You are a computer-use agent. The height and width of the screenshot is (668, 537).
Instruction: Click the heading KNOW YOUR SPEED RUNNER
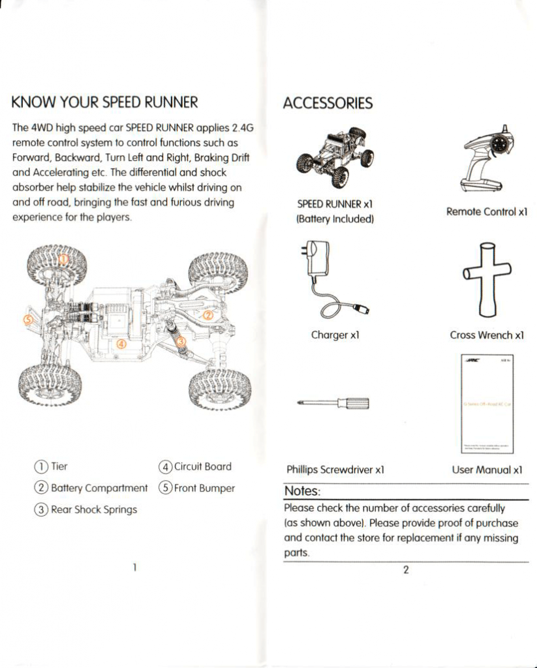(x=104, y=102)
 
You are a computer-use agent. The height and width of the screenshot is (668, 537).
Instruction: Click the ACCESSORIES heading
(x=328, y=103)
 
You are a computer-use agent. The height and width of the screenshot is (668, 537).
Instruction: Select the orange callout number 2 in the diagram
(x=208, y=314)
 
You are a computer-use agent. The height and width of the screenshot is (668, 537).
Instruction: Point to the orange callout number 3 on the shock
(x=181, y=342)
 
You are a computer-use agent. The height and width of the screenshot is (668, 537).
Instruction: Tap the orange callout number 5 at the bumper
(x=27, y=320)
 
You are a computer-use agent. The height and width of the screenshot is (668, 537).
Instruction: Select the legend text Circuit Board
(x=203, y=466)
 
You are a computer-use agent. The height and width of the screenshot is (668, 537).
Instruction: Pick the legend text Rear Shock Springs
(x=94, y=509)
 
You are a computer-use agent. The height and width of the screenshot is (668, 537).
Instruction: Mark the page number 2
(x=405, y=569)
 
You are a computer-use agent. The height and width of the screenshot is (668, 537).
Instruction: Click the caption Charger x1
(x=335, y=335)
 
